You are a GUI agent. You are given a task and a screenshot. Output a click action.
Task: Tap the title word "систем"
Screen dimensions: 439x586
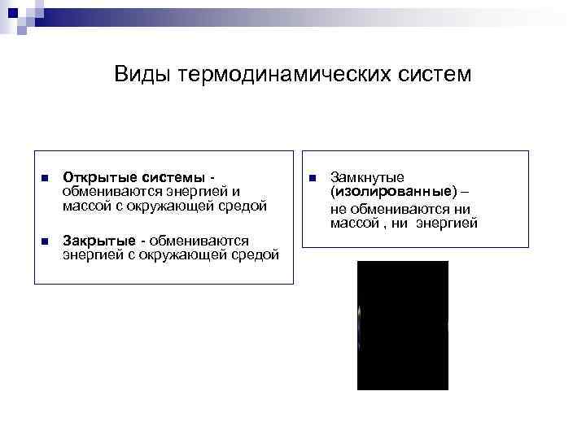(x=436, y=75)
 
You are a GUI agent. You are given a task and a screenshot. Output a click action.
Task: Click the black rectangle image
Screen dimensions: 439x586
(x=403, y=325)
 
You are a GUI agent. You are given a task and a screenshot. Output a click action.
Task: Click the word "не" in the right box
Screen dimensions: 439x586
(x=338, y=209)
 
